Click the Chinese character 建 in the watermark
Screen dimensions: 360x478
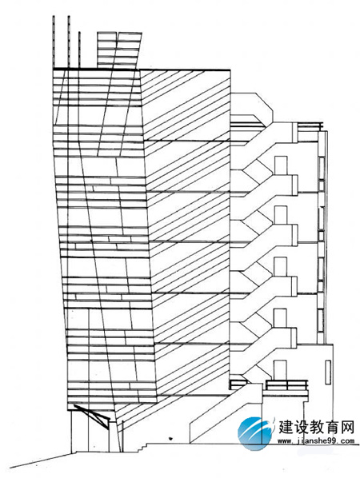click(286, 428)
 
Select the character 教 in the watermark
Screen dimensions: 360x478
click(316, 428)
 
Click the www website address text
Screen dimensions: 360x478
click(316, 440)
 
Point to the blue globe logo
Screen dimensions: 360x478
click(254, 433)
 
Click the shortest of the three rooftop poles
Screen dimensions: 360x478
click(79, 50)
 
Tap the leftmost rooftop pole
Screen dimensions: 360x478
click(54, 42)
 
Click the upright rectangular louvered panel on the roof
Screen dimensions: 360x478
click(106, 50)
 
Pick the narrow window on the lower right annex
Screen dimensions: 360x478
click(328, 372)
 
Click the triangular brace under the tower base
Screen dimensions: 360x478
click(93, 416)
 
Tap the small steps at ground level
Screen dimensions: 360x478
click(141, 447)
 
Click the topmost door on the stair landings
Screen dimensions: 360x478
click(281, 165)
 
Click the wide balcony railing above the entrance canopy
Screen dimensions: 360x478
click(286, 385)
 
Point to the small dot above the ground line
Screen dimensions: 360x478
click(170, 438)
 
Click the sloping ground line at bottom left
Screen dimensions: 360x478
click(41, 461)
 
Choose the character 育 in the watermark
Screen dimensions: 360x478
click(332, 428)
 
